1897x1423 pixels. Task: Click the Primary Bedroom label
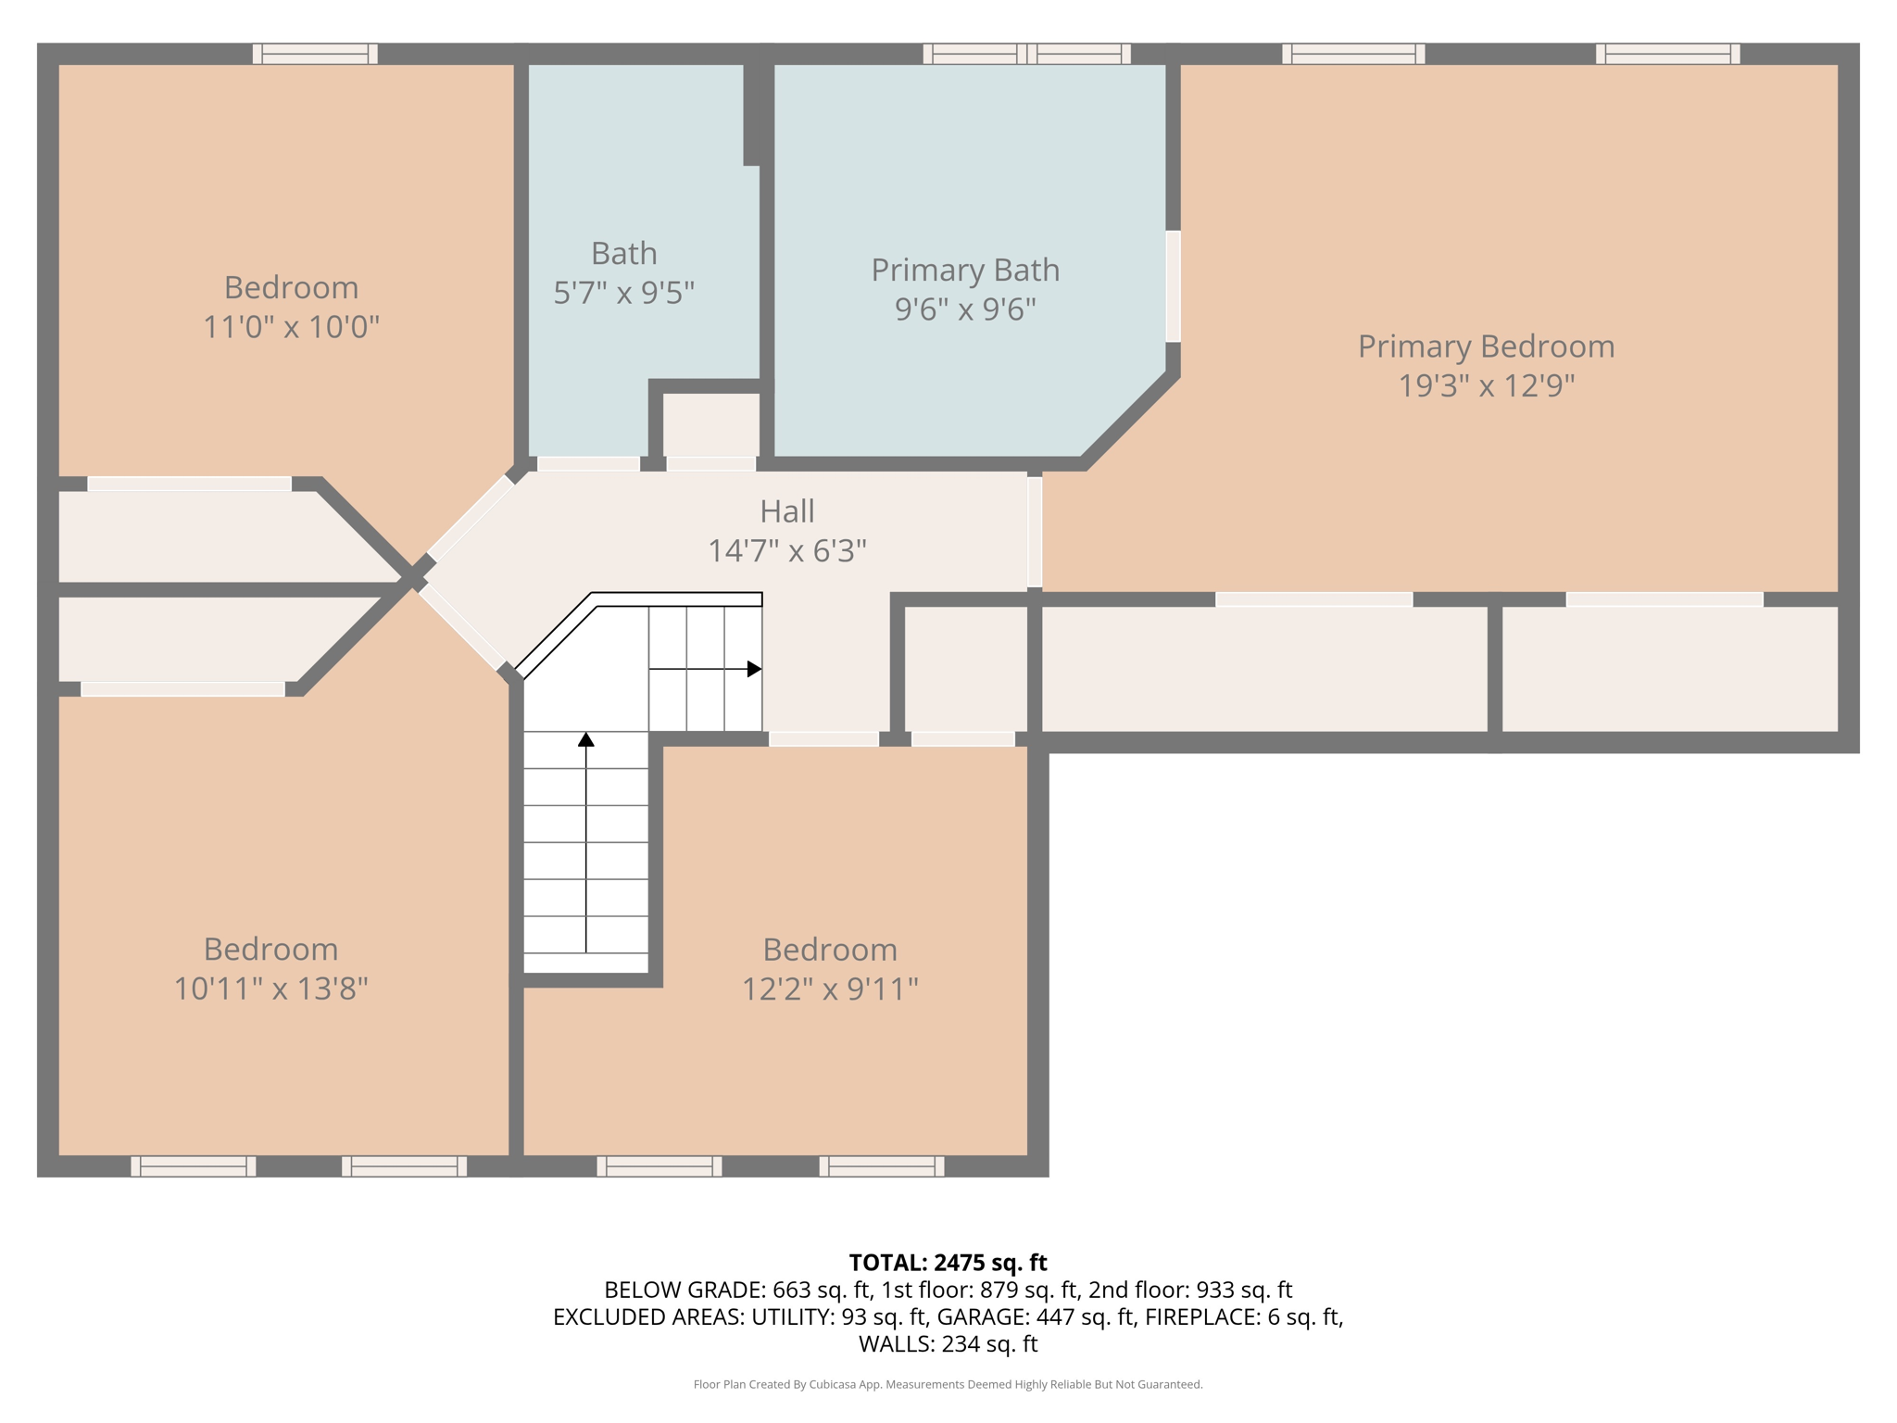[x=1486, y=346]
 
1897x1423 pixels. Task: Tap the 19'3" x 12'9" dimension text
[x=1486, y=385]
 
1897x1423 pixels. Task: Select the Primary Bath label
[x=965, y=271]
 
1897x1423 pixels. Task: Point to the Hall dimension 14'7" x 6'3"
[x=787, y=551]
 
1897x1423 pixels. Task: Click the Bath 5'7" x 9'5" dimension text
[x=623, y=294]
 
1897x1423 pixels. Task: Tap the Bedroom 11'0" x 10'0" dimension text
[x=291, y=327]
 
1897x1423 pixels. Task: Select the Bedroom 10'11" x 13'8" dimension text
[x=270, y=989]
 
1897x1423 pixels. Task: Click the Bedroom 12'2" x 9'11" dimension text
[x=830, y=989]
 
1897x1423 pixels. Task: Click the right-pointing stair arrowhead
[x=755, y=669]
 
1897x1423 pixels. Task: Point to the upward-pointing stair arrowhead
[x=585, y=739]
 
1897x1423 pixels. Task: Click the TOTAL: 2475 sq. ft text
[x=948, y=1263]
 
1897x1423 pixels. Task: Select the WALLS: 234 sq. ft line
[x=948, y=1343]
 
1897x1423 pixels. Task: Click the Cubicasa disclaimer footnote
[x=948, y=1384]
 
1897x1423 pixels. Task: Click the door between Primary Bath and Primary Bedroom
[x=1173, y=286]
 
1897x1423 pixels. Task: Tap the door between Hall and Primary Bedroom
[x=1035, y=532]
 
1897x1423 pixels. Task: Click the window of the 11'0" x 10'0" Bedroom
[x=315, y=54]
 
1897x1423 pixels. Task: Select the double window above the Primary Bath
[x=1026, y=54]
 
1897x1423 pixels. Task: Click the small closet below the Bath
[x=711, y=424]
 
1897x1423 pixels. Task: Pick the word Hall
[x=787, y=511]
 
